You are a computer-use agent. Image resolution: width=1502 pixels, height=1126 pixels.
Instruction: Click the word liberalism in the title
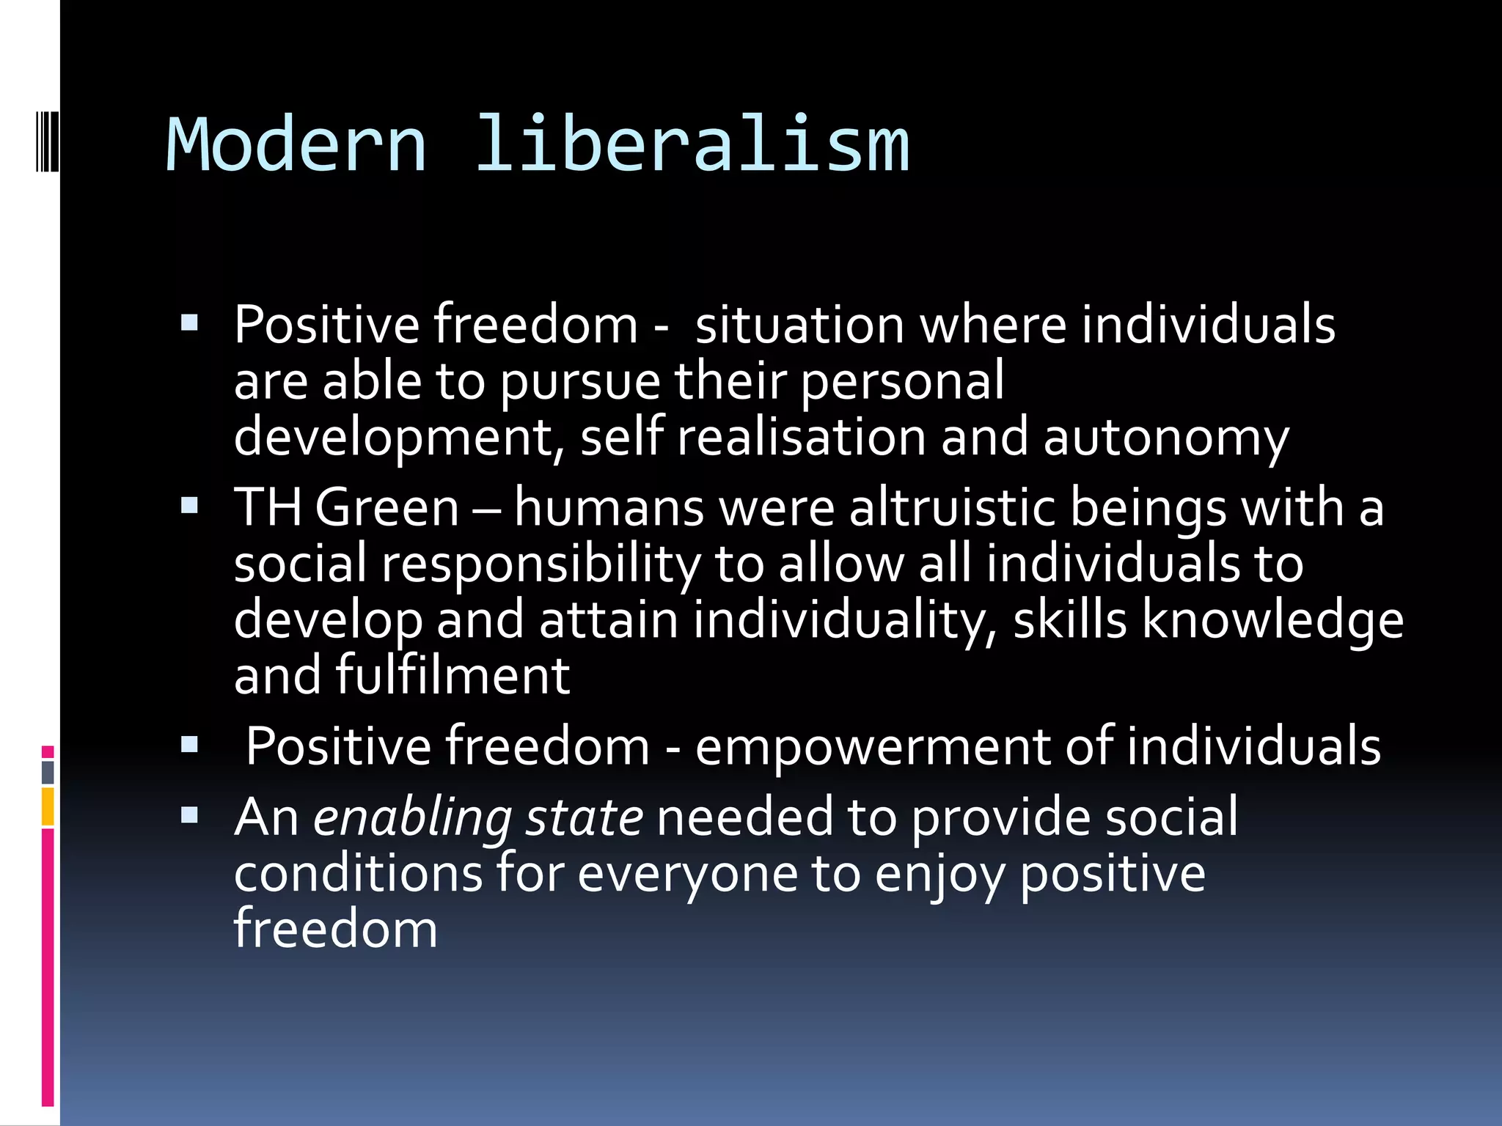pos(692,145)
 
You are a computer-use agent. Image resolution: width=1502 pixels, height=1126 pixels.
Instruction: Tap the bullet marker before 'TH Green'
pos(189,505)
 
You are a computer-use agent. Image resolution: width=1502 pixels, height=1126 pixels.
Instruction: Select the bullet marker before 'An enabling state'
pos(189,815)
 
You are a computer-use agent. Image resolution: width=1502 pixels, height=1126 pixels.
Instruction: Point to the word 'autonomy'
pos(1165,438)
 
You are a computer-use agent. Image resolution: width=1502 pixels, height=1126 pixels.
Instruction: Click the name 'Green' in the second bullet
pos(387,507)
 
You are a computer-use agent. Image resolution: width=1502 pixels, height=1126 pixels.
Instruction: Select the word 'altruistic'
pos(951,507)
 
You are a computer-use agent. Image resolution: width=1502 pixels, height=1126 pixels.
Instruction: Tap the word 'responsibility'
pos(541,564)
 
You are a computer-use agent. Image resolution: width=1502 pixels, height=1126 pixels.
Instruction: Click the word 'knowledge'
pos(1272,620)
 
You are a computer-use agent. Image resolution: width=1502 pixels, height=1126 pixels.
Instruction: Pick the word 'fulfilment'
pos(453,675)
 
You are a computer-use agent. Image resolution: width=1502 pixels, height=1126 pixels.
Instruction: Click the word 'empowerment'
pos(872,747)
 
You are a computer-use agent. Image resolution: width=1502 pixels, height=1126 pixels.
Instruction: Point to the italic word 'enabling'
pos(412,818)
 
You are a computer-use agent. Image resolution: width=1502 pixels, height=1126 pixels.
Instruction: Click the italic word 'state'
pos(584,818)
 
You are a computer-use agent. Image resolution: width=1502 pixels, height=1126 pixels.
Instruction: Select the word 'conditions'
pos(358,874)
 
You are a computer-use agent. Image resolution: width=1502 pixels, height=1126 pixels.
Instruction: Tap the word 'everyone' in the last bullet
pos(687,874)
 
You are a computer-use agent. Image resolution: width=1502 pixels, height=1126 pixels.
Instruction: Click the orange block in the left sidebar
pos(48,806)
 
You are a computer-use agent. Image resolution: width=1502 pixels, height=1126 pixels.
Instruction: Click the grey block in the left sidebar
pos(48,772)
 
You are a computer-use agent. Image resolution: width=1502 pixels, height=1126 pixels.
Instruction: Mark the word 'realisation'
pos(801,438)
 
